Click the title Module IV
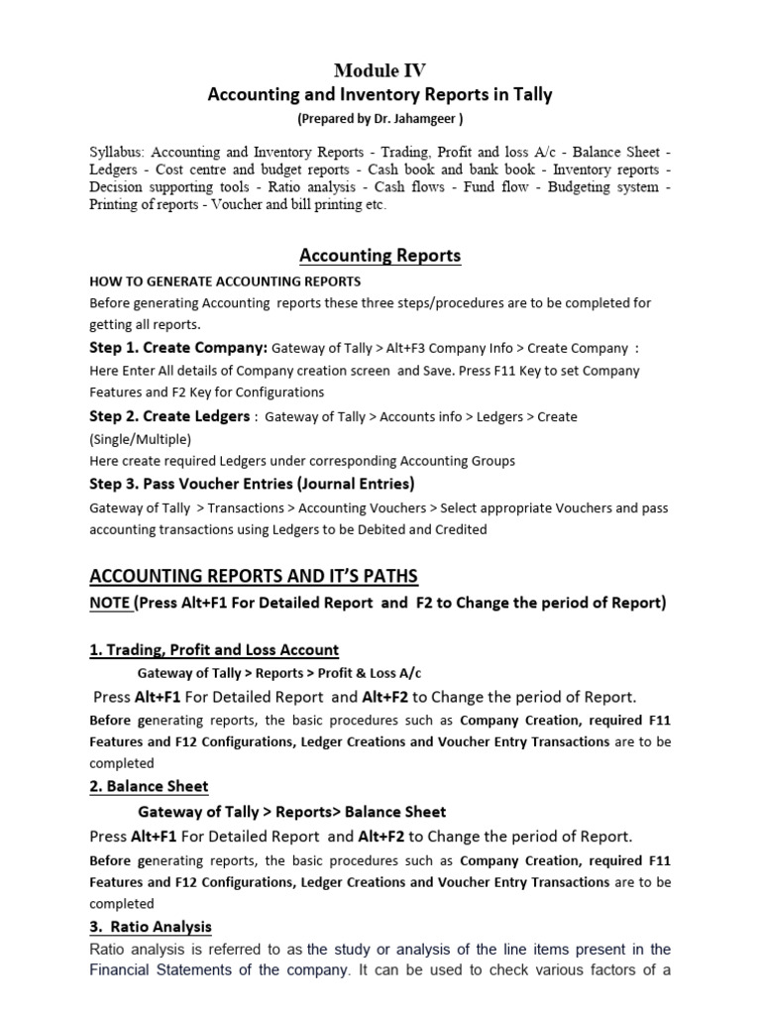pos(380,69)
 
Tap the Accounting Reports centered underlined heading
pos(380,256)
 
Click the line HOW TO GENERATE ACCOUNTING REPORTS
pos(225,282)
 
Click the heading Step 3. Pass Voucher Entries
pos(251,484)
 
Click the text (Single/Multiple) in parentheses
pos(141,439)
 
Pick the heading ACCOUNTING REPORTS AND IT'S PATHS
pos(254,576)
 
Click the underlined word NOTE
pos(110,603)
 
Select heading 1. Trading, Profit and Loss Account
pos(214,650)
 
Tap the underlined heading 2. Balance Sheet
pos(149,786)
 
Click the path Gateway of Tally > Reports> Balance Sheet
pos(291,812)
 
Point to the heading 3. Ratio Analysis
pos(151,927)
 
